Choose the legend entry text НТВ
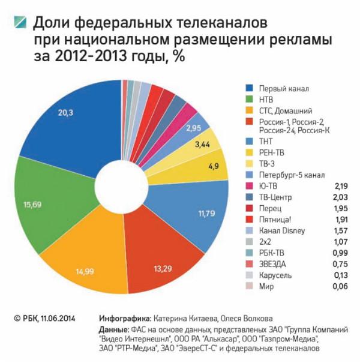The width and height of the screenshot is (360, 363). click(x=267, y=100)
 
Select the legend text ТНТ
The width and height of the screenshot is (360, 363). click(x=266, y=142)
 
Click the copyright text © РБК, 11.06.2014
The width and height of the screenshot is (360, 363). click(x=45, y=317)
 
